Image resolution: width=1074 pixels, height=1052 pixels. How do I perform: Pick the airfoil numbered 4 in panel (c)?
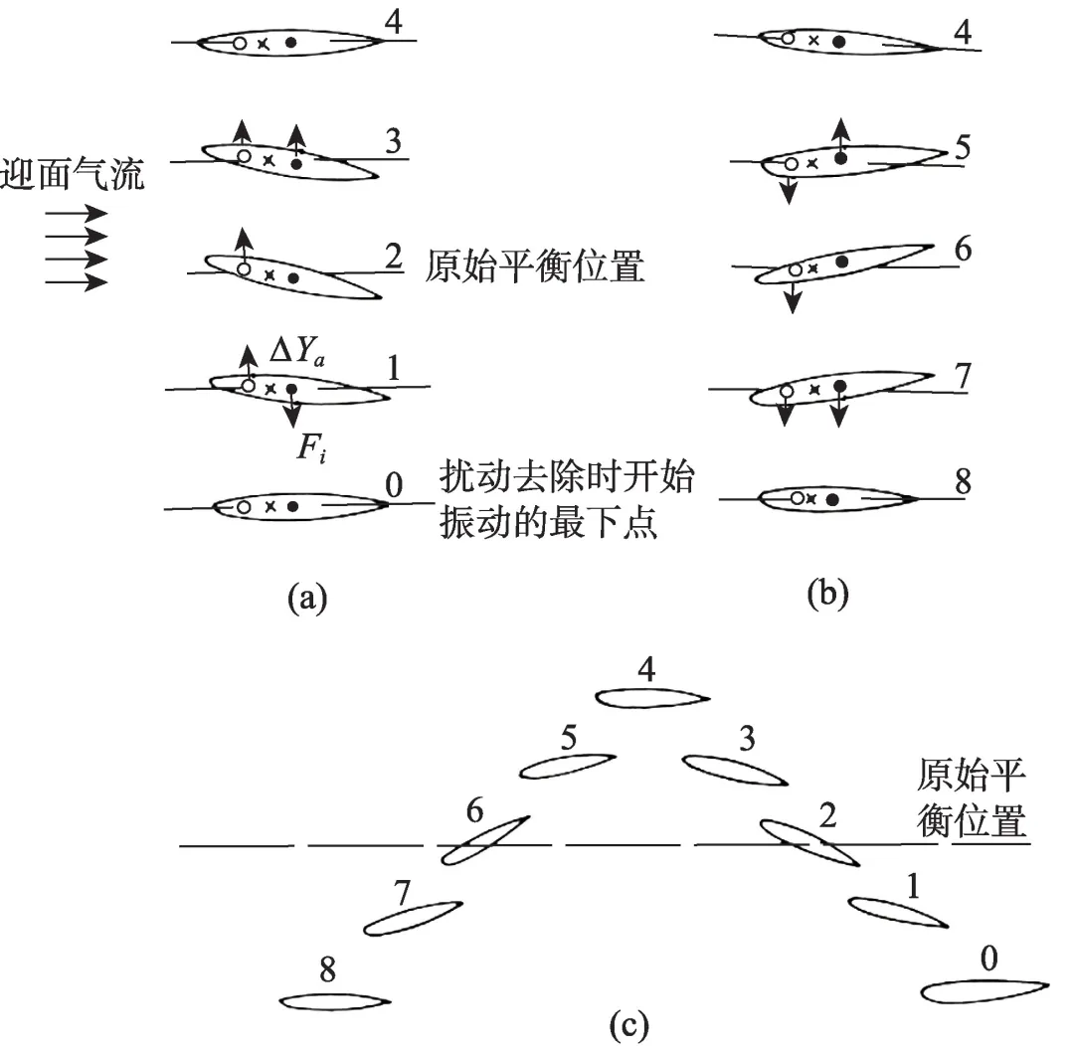coord(652,697)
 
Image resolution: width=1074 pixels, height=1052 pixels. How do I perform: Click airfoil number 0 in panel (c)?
coord(984,991)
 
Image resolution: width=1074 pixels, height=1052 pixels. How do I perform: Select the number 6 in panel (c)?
coord(475,812)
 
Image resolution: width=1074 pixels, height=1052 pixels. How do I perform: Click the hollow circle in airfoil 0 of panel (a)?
coord(244,507)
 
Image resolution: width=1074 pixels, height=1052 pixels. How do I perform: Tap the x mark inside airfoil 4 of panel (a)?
coord(264,44)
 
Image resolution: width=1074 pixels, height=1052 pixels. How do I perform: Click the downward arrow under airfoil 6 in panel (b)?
coord(792,295)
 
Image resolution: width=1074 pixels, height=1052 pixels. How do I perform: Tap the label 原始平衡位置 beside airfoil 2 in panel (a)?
coord(534,267)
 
